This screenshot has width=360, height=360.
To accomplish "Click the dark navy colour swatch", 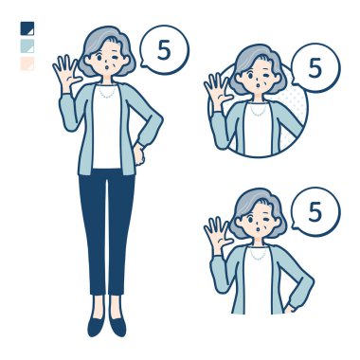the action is point(27,28).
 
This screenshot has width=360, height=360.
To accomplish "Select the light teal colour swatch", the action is point(27,45).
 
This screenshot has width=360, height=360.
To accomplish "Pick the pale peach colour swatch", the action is point(27,63).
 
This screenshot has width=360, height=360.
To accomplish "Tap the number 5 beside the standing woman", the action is point(164,49).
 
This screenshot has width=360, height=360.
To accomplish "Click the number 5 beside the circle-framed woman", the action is point(315,68).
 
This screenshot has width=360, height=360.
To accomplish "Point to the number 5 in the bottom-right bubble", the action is point(315,212).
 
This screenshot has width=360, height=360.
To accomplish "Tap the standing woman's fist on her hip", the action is point(139,153).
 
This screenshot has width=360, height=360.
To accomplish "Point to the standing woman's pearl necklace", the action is point(107,92).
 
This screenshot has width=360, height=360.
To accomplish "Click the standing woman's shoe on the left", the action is point(96,326).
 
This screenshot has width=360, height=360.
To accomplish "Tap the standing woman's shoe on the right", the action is point(117,326).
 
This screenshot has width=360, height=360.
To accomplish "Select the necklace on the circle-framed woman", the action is point(258,110).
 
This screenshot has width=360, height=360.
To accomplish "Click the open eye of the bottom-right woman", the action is point(249,219).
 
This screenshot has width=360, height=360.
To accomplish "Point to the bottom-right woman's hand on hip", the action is point(290,307).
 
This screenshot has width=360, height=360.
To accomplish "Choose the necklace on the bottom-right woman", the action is point(258,254).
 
